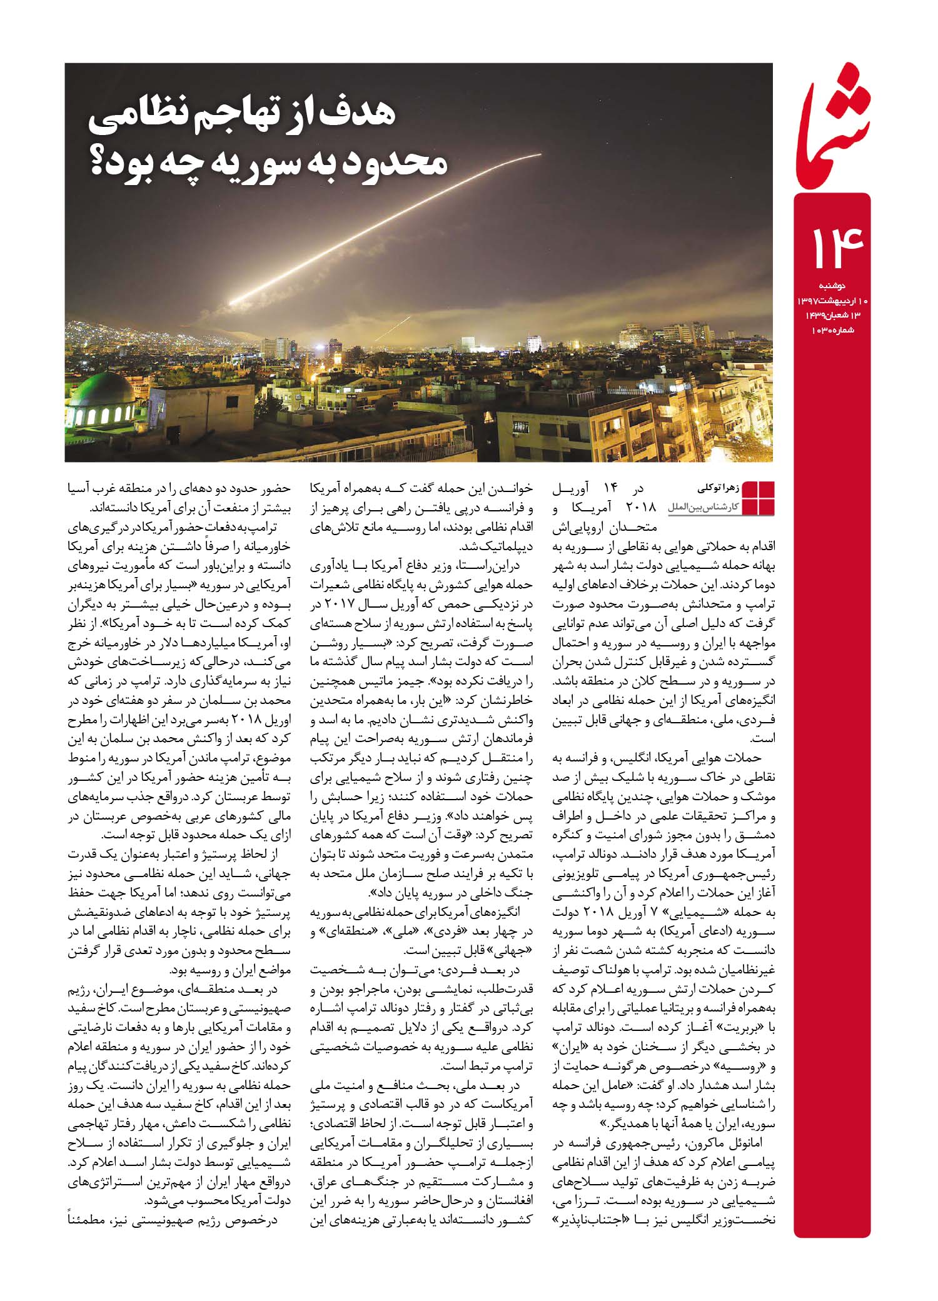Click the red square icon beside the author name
click(757, 498)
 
